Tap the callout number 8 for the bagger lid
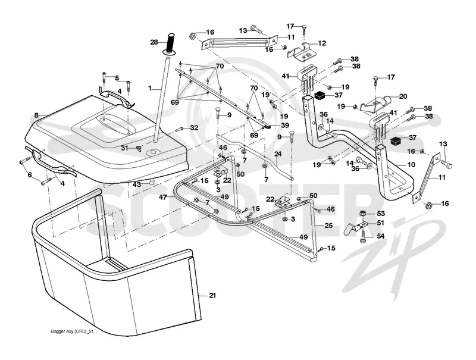coord(36,115)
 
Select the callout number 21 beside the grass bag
coord(212,295)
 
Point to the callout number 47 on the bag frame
coord(163,198)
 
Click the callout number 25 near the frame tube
coord(328,226)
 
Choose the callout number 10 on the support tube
coord(411,164)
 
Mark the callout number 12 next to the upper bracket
coord(322,43)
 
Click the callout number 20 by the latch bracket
coord(403,96)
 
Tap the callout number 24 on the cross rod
coord(278,154)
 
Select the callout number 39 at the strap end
coord(285,126)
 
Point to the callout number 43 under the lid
coord(137,184)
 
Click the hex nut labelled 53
coord(363,214)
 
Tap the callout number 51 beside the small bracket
coord(380,223)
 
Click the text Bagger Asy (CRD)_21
coord(72,331)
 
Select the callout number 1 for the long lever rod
coord(150,88)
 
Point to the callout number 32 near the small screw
coord(194,128)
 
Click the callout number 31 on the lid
coord(125,148)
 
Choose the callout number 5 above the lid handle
coord(117,78)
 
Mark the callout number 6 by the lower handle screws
coord(30,175)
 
